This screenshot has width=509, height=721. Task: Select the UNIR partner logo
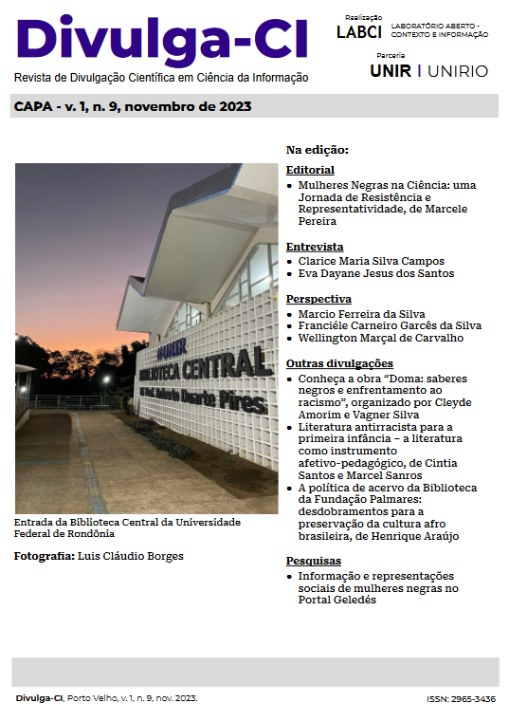point(391,71)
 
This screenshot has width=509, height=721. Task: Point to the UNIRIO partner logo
point(459,71)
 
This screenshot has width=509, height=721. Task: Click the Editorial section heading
point(310,170)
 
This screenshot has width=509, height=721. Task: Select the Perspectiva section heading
point(318,299)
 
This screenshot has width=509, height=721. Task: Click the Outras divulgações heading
point(339,363)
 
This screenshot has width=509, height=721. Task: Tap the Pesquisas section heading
point(314,562)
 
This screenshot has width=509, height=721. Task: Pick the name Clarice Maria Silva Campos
point(371,260)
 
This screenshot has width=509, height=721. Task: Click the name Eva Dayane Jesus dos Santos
point(376,273)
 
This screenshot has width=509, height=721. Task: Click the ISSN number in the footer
point(461,699)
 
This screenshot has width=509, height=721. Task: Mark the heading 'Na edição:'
point(318,150)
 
